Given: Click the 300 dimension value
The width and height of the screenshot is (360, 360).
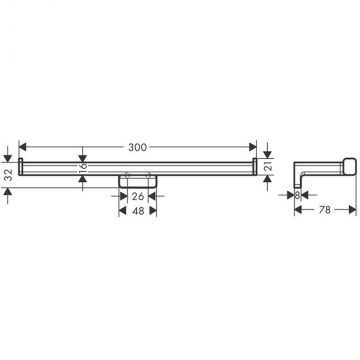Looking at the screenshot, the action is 137,147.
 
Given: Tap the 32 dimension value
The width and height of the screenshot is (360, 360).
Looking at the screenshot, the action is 9,173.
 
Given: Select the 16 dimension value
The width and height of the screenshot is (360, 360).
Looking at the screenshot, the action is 83,166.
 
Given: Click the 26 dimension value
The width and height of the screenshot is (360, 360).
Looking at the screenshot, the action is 138,196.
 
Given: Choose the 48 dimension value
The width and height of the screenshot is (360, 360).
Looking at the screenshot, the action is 138,210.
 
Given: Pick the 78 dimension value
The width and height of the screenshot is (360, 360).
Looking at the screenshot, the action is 325,210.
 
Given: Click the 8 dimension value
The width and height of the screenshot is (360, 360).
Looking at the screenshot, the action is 297,195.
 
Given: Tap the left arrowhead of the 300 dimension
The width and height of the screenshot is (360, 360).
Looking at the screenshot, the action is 23,147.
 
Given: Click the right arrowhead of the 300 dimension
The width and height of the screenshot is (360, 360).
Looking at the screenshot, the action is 253,147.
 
